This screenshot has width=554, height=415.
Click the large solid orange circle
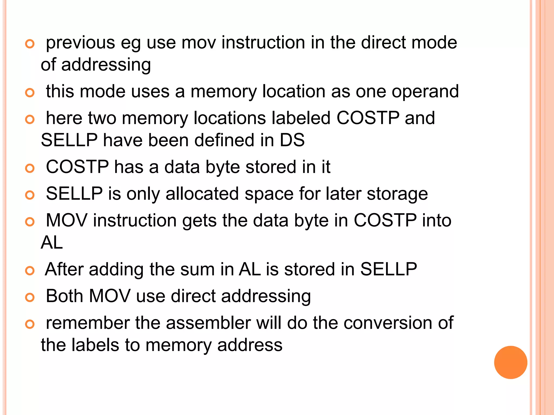pos(510,362)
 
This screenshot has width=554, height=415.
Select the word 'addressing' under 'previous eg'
pos(106,65)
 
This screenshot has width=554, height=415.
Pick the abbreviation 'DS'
pos(292,140)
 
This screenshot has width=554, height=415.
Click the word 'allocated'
pos(202,194)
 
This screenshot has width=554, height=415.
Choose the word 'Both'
pos(64,296)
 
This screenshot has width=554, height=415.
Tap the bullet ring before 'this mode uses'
pos(30,93)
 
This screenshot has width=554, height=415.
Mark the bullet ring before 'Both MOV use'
pos(30,297)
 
